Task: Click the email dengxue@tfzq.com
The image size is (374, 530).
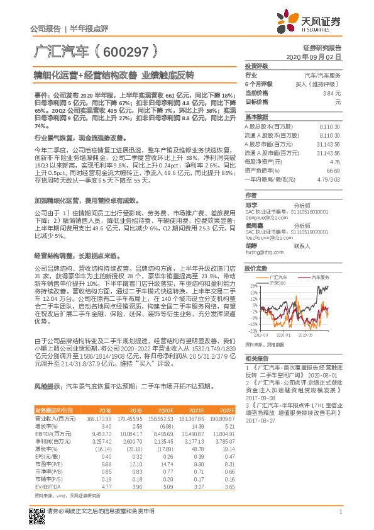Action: click(261, 218)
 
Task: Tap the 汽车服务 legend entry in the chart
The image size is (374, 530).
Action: click(320, 277)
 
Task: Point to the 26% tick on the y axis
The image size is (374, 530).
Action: click(253, 285)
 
